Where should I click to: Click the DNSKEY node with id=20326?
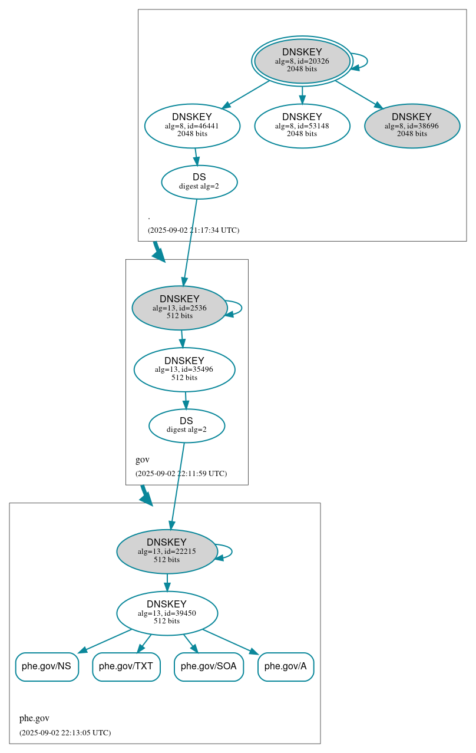tap(302, 61)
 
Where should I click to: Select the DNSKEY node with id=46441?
tap(192, 125)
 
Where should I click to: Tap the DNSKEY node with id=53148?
tap(302, 125)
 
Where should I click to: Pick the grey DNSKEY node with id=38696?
tap(412, 125)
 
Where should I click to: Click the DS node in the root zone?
tap(199, 182)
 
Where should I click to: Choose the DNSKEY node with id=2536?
tap(179, 308)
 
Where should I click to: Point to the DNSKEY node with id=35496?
tap(184, 369)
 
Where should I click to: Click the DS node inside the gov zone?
tap(186, 425)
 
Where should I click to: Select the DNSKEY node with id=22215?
tap(167, 551)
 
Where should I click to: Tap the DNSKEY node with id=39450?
tap(167, 613)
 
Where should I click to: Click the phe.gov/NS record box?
tap(47, 666)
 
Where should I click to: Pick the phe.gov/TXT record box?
tap(126, 666)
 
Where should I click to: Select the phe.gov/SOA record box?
tap(209, 666)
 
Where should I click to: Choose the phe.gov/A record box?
tap(285, 666)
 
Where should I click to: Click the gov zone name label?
tap(143, 460)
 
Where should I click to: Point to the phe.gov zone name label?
tap(34, 718)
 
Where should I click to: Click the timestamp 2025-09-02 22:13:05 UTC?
tap(65, 733)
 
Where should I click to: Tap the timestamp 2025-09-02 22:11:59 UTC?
tap(181, 474)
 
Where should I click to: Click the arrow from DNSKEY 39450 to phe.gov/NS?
tap(105, 641)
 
